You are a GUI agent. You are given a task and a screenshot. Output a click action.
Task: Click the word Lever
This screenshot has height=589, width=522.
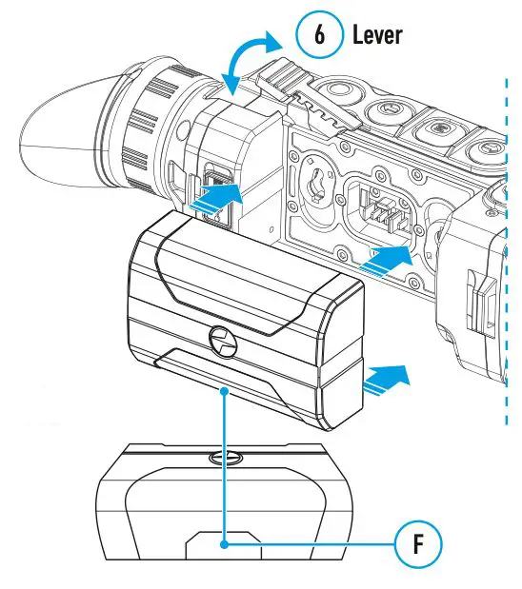[377, 35]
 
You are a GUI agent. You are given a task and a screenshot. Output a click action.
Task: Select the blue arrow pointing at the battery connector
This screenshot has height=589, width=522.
[391, 255]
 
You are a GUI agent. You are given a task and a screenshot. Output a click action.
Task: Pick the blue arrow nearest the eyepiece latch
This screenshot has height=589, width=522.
[213, 199]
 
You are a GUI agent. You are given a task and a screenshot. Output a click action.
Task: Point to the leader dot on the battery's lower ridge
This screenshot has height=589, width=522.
[222, 390]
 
